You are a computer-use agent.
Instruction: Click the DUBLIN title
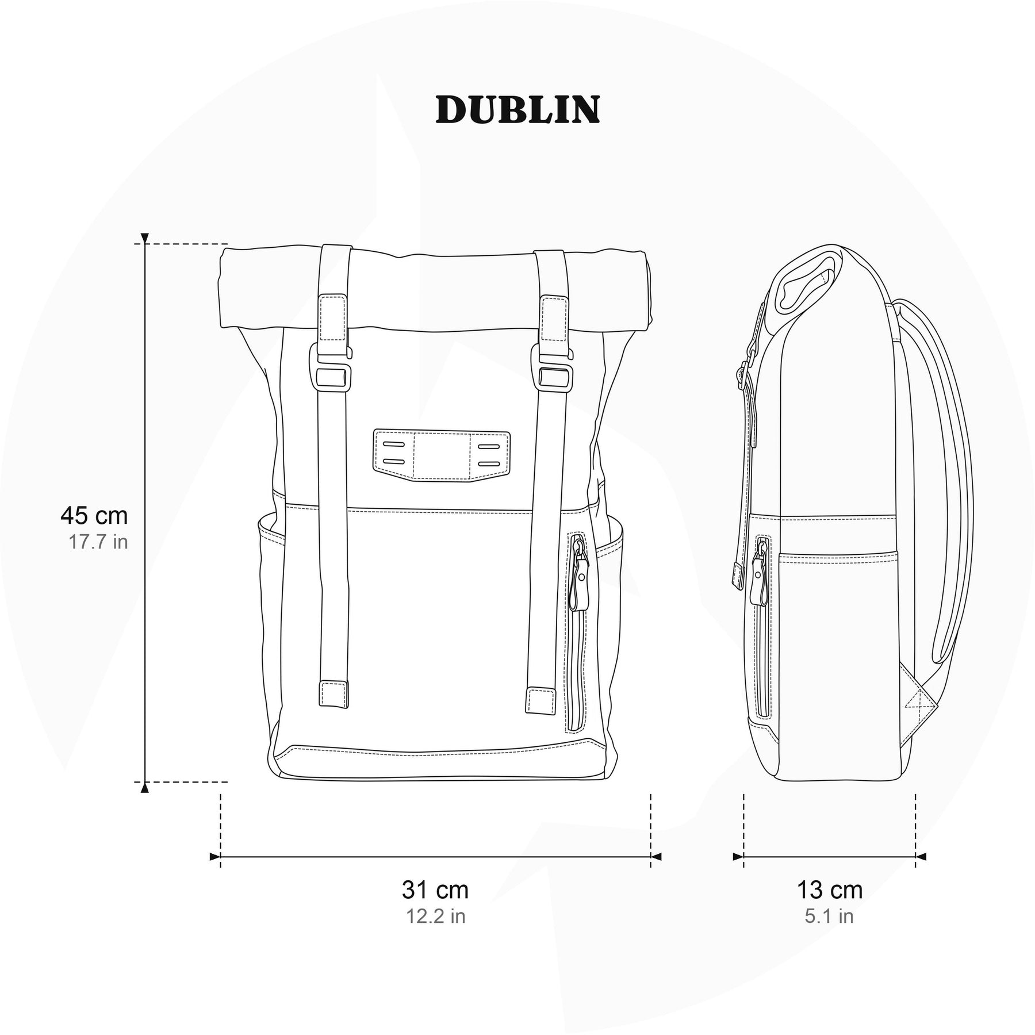point(517,109)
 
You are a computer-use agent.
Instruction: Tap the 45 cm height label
point(94,516)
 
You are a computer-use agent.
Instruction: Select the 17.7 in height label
point(98,542)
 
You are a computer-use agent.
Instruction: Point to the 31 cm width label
point(435,890)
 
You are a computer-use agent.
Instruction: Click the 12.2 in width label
point(436,916)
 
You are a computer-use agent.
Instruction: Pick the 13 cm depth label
point(829,890)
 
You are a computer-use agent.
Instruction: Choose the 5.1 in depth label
point(829,916)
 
